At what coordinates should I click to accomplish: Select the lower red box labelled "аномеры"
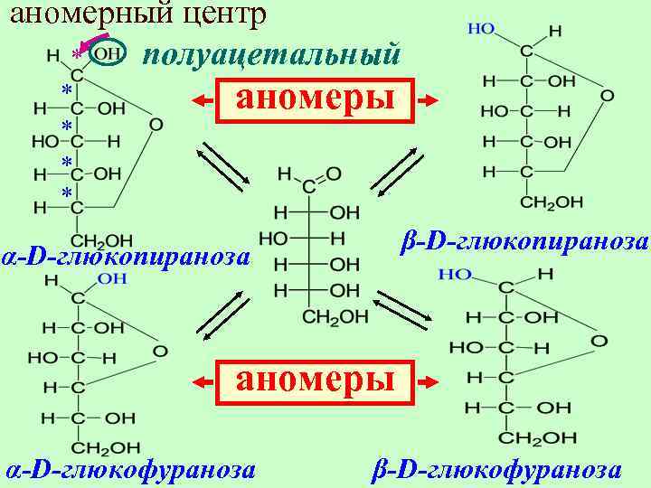pos(316,380)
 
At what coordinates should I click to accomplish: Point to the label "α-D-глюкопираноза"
pos(127,257)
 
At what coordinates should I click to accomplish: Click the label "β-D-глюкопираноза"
pos(524,242)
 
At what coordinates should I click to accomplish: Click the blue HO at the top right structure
pos(481,29)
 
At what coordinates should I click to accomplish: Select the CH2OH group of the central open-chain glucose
pos(335,316)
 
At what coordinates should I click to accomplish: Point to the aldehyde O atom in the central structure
pos(334,172)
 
